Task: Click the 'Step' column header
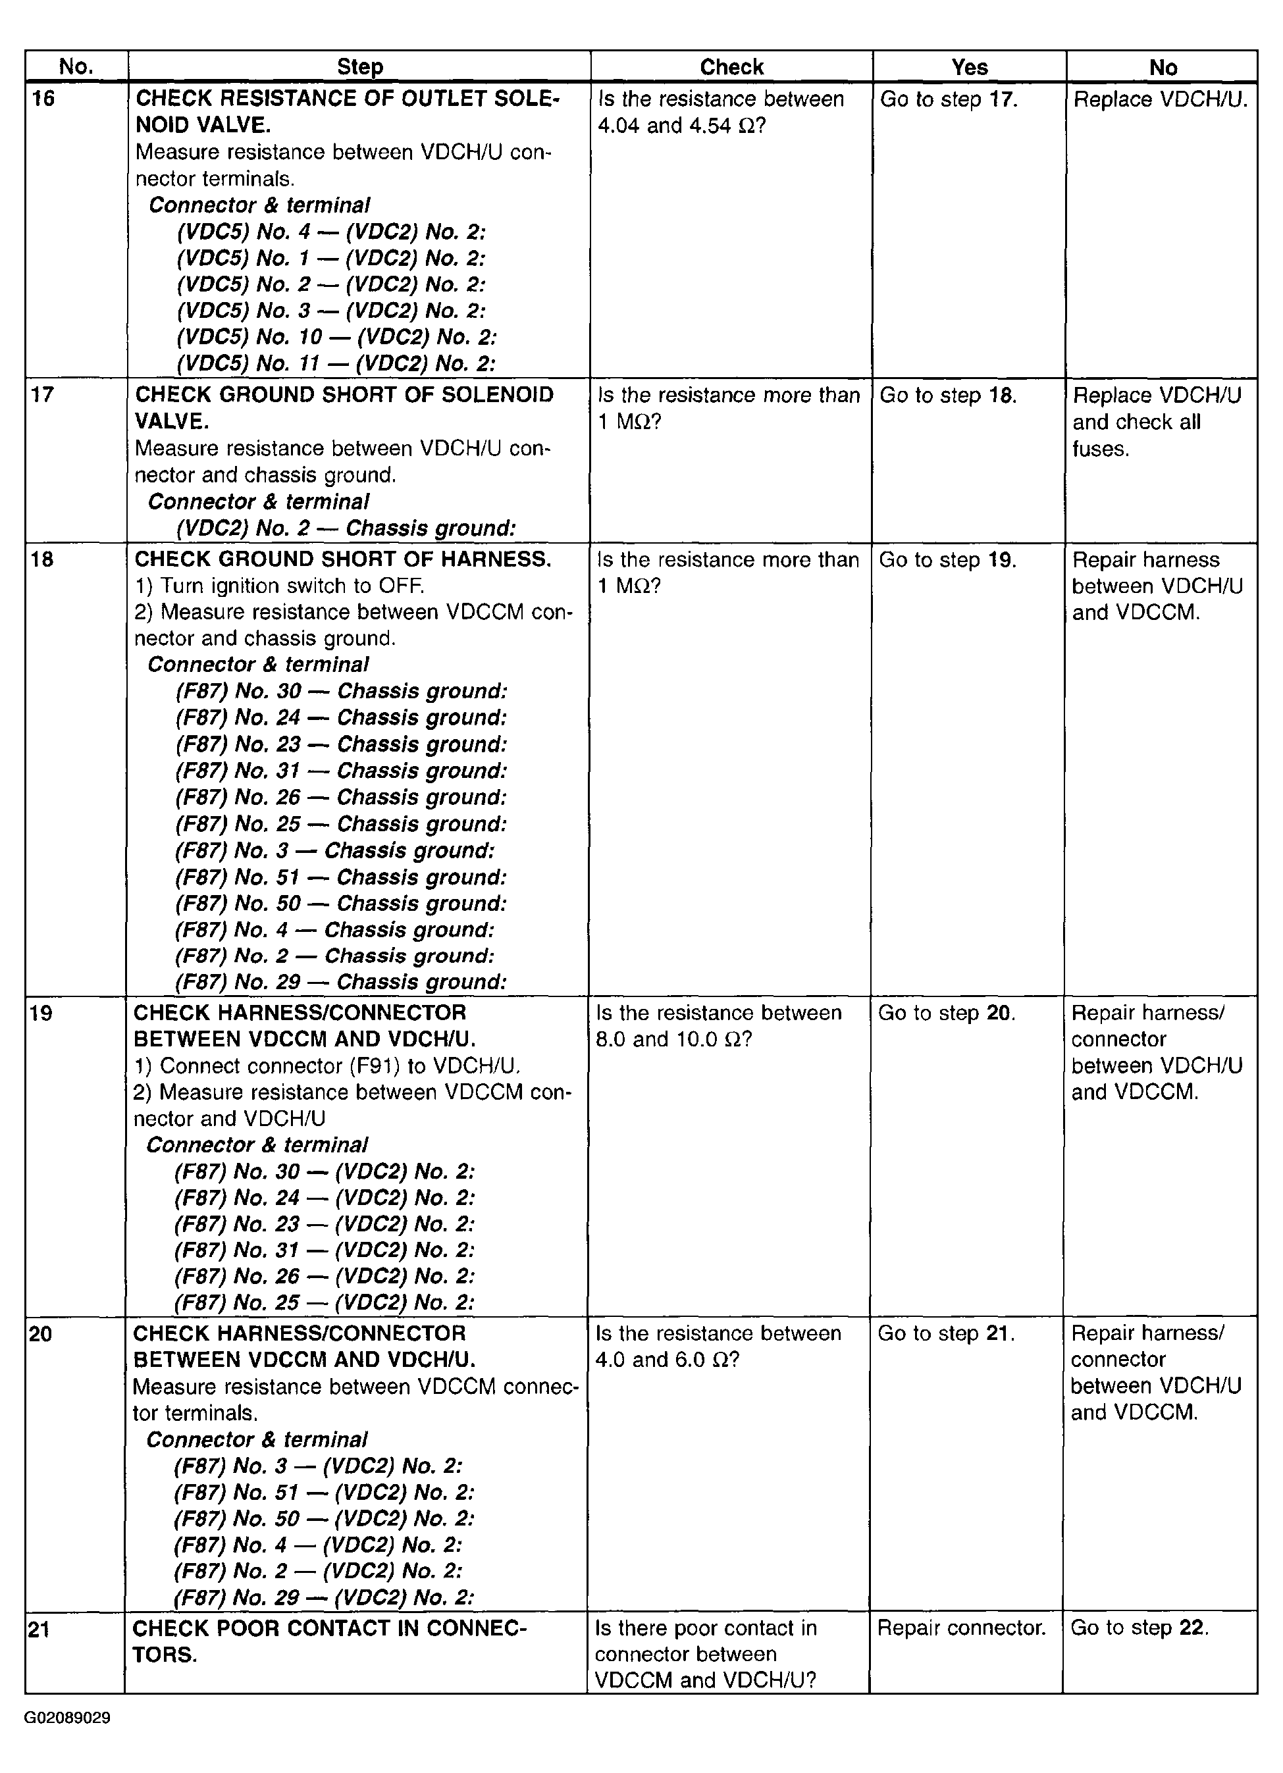point(359,67)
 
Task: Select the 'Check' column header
point(731,67)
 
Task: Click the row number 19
point(42,1013)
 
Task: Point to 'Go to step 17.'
point(949,99)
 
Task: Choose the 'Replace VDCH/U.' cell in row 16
point(1161,99)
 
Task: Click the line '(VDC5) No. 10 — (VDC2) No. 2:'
point(336,337)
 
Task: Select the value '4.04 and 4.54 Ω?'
point(681,126)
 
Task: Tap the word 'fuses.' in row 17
point(1100,449)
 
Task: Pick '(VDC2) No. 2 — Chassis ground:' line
point(346,528)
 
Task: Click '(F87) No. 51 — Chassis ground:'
point(341,877)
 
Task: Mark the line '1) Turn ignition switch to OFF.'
point(279,586)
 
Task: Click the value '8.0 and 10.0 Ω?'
point(673,1040)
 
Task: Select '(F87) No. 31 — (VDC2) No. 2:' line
point(325,1250)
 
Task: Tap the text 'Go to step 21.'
point(946,1333)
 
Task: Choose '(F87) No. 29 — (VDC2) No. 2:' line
point(324,1597)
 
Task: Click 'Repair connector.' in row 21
point(961,1628)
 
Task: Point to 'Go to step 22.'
point(1139,1628)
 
